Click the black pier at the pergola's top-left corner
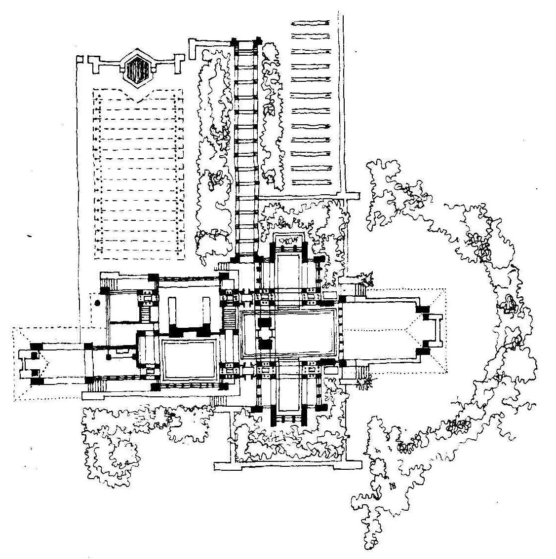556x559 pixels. [235, 43]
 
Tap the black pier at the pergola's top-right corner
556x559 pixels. [258, 43]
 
